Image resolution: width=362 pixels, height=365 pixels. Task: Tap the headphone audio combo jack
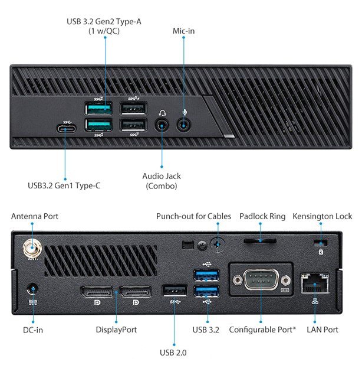tap(162, 124)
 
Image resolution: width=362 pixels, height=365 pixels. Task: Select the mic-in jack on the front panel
tap(185, 124)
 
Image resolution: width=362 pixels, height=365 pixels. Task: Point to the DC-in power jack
tap(32, 290)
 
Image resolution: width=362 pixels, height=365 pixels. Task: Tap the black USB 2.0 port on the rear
tap(175, 291)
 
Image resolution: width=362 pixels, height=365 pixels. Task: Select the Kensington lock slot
tap(321, 243)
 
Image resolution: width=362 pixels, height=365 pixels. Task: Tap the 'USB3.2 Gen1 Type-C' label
tap(64, 185)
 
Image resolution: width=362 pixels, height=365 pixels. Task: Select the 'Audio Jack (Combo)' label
tap(162, 181)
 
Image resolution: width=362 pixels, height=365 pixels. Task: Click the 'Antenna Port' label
tap(35, 217)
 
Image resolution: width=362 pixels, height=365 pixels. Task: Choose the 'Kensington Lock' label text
tap(322, 217)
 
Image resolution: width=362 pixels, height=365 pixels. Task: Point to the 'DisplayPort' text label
tap(116, 330)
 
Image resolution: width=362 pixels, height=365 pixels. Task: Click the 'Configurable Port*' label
tap(262, 330)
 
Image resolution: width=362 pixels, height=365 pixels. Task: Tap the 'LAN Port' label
tap(322, 330)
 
